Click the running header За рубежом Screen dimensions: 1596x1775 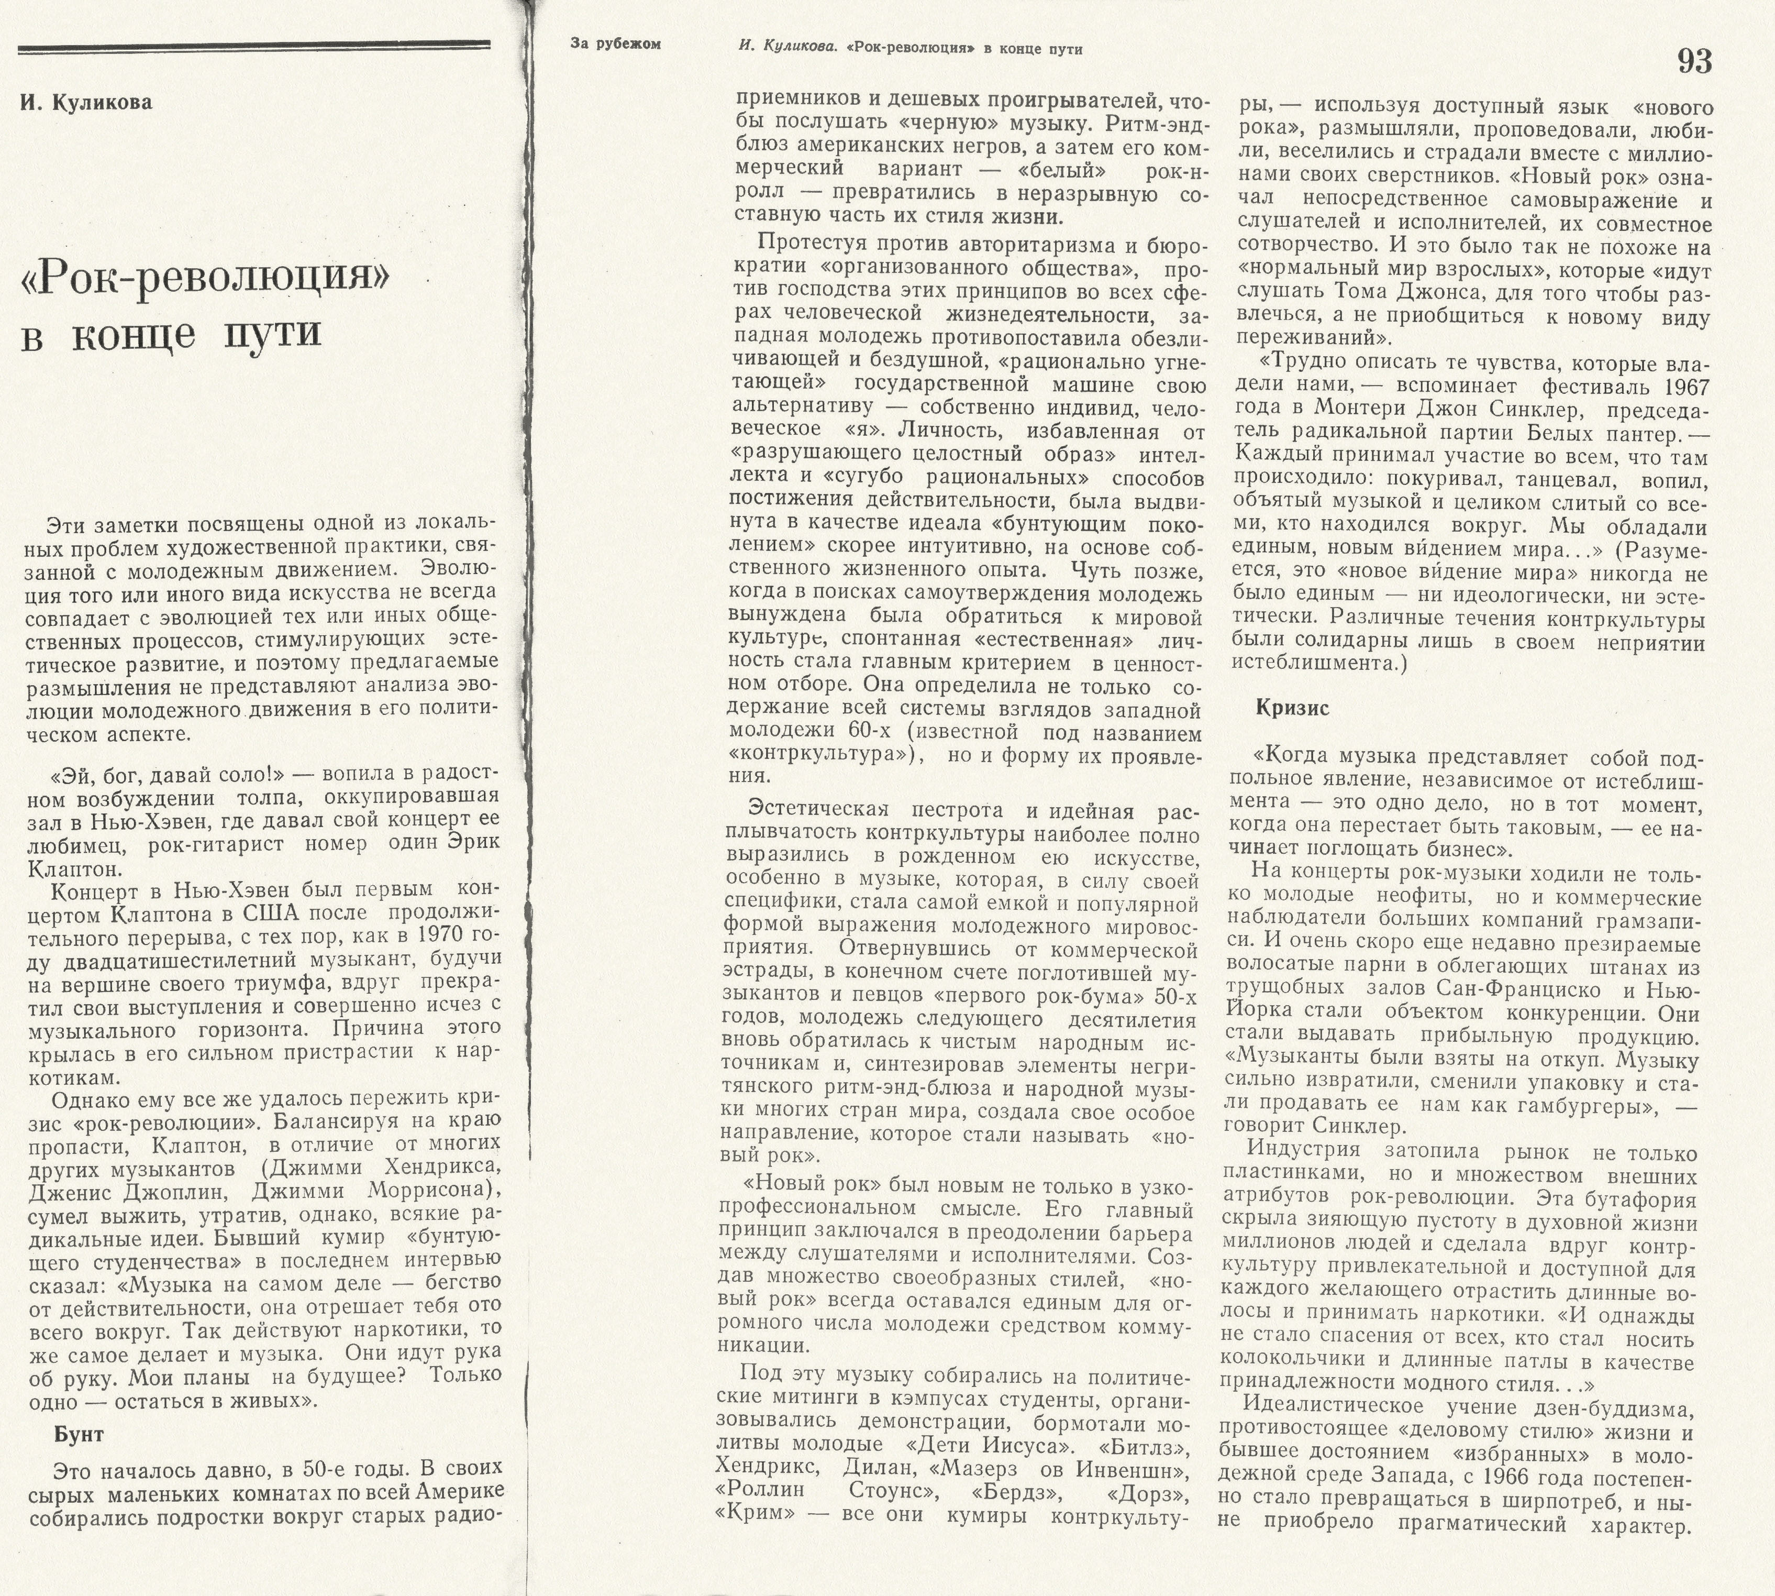click(x=615, y=45)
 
